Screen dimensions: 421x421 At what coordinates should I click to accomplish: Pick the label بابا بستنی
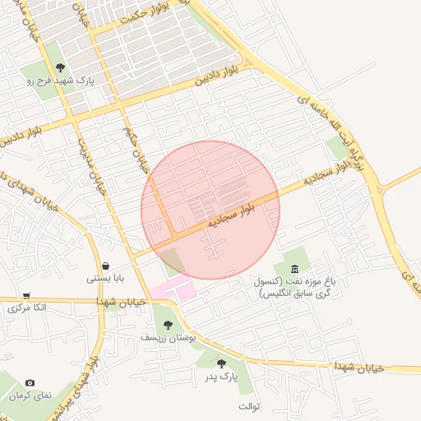pyautogui.click(x=105, y=279)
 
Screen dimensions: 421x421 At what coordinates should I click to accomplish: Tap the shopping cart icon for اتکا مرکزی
pyautogui.click(x=26, y=296)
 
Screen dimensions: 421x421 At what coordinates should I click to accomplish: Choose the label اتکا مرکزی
pyautogui.click(x=26, y=308)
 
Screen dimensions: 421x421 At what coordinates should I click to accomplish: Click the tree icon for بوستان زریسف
pyautogui.click(x=168, y=325)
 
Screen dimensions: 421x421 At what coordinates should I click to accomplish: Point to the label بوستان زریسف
pyautogui.click(x=168, y=338)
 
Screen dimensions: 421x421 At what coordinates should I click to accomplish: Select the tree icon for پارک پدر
pyautogui.click(x=221, y=363)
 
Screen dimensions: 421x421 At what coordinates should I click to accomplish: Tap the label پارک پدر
pyautogui.click(x=221, y=376)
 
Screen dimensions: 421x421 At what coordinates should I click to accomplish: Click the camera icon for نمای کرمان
pyautogui.click(x=30, y=382)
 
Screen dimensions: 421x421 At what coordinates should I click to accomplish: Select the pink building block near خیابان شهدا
pyautogui.click(x=173, y=289)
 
